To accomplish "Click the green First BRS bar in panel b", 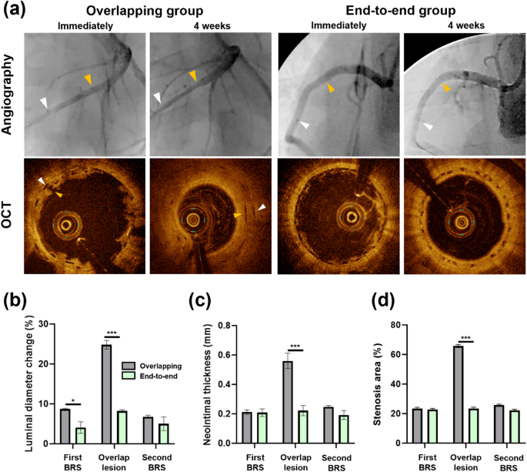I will coord(79,435).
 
